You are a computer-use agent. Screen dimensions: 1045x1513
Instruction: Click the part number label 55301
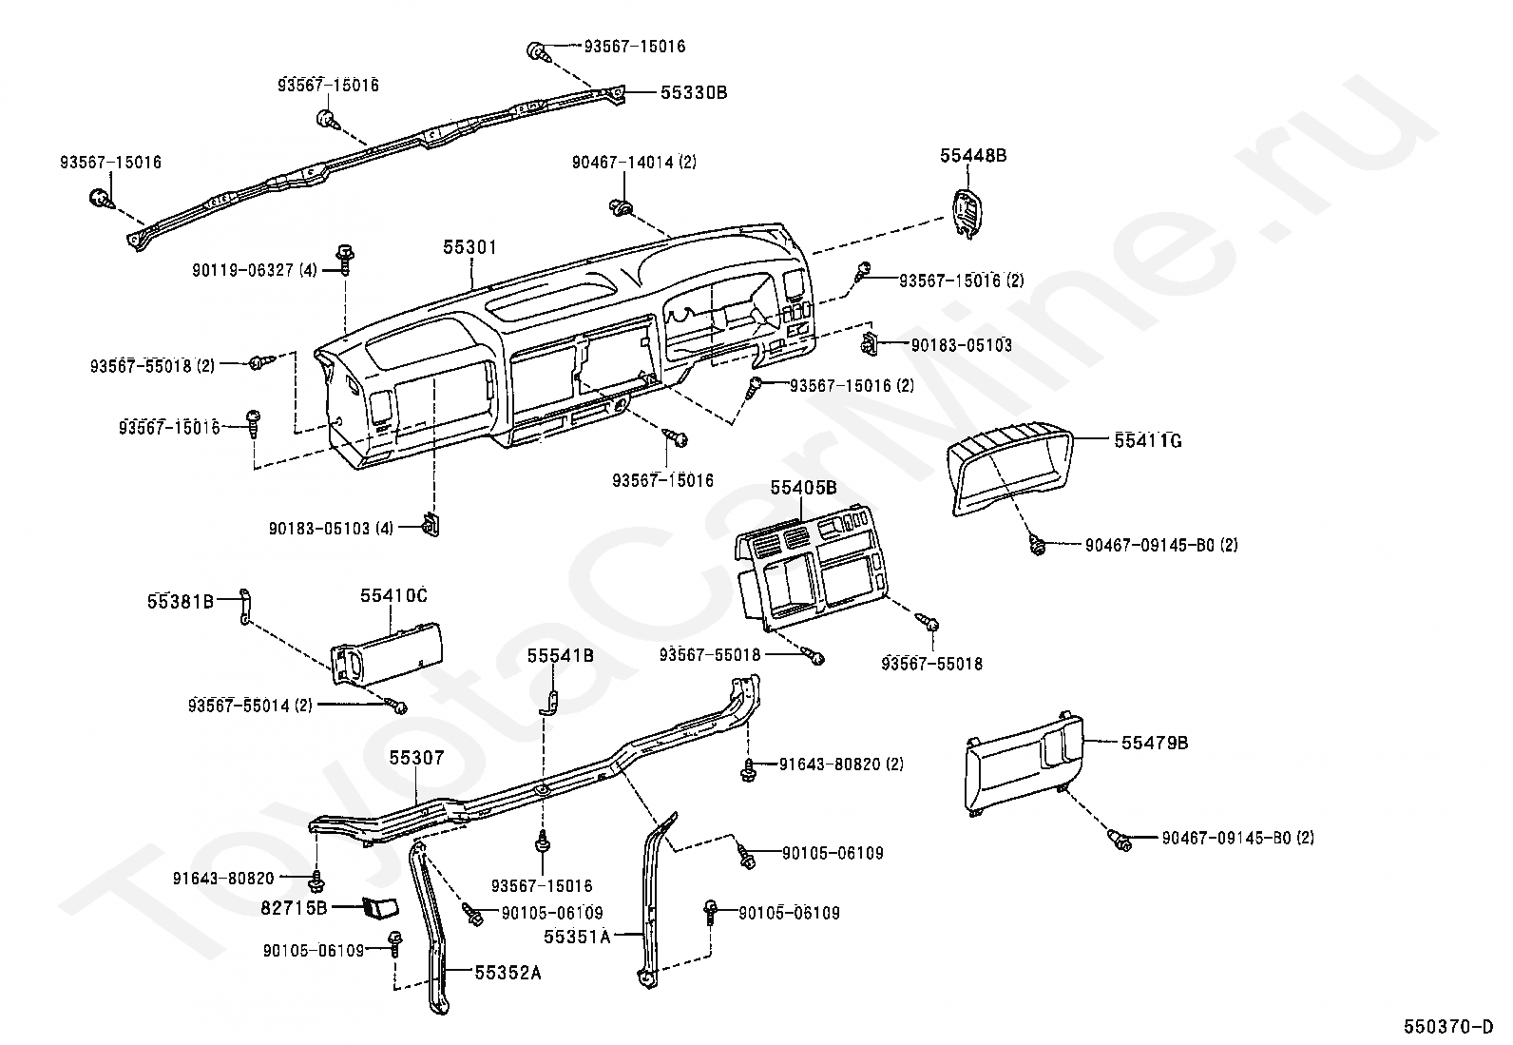click(469, 247)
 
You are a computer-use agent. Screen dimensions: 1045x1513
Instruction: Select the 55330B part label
click(694, 93)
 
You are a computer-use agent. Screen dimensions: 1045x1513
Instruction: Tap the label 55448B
click(972, 155)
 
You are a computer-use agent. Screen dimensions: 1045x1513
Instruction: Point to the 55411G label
click(1148, 440)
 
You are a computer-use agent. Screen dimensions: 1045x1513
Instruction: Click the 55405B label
click(803, 488)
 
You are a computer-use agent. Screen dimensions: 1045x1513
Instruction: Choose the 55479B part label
click(1155, 743)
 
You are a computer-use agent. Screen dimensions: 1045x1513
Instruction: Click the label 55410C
click(393, 596)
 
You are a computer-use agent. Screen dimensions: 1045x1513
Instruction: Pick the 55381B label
click(181, 601)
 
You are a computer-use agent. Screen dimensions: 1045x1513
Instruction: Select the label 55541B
click(561, 655)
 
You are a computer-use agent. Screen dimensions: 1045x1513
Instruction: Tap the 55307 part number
click(416, 758)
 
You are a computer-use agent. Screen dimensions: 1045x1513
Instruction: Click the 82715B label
click(294, 908)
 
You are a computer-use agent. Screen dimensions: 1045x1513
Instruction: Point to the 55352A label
click(508, 972)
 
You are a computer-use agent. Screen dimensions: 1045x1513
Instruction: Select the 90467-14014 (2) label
click(634, 163)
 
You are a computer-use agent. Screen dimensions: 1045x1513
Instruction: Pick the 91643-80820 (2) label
click(841, 764)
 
